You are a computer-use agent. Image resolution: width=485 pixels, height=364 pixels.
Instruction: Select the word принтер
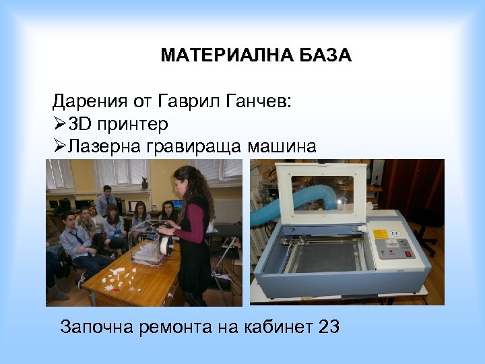tap(133, 124)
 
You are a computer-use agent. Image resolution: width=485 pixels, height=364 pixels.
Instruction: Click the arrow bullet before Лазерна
tap(59, 146)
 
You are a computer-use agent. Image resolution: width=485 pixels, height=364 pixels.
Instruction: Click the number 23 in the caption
tap(328, 328)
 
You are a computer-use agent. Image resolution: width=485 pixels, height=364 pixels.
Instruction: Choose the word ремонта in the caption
tap(177, 328)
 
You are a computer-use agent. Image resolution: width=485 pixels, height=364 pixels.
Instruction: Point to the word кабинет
tap(271, 328)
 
